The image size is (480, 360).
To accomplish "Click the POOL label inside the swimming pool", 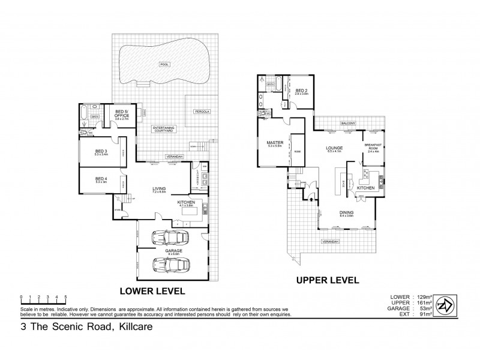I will coord(164,64).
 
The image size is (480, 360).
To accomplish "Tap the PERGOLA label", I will coord(200,112).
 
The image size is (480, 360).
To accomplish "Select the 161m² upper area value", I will coord(421,302).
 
